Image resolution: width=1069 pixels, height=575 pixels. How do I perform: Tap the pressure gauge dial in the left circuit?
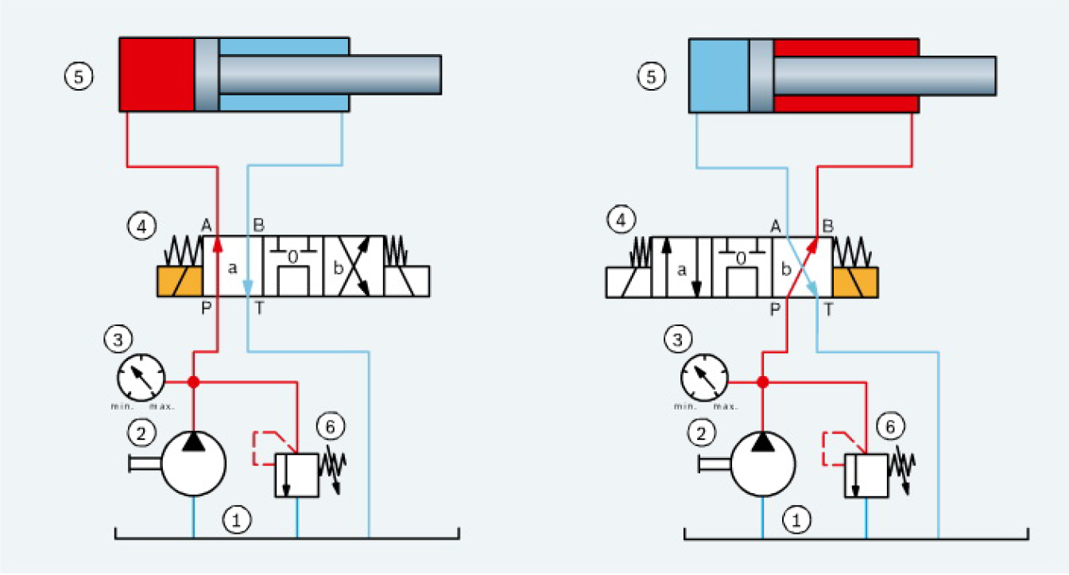click(141, 375)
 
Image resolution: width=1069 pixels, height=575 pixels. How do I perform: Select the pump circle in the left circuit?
click(193, 464)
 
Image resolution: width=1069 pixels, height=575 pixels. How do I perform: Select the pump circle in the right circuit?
click(762, 464)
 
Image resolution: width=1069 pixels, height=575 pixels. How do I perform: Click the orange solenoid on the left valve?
click(180, 282)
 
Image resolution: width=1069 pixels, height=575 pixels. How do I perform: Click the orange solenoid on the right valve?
click(856, 282)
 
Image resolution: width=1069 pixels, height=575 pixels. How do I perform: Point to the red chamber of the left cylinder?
click(157, 74)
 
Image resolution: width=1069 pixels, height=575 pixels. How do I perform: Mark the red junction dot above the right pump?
click(762, 382)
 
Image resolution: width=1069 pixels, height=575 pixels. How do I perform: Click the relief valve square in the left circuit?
click(296, 476)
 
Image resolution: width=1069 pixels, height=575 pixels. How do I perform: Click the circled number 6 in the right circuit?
click(895, 426)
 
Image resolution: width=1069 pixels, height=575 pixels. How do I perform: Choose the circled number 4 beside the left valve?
click(141, 227)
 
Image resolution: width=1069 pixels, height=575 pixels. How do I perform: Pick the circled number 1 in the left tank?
click(237, 521)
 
